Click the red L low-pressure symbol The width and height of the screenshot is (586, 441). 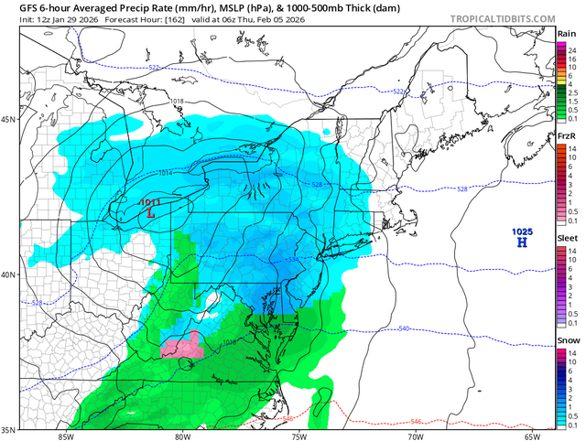click(151, 212)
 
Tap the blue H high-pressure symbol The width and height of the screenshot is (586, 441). click(522, 243)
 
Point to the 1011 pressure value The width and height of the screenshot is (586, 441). click(150, 202)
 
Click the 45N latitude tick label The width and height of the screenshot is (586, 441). click(9, 120)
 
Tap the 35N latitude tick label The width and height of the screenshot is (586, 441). click(9, 429)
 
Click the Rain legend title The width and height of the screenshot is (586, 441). click(566, 33)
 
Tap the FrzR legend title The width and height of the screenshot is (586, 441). click(566, 136)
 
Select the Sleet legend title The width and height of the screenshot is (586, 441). click(566, 237)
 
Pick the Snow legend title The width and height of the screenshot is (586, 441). click(566, 339)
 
